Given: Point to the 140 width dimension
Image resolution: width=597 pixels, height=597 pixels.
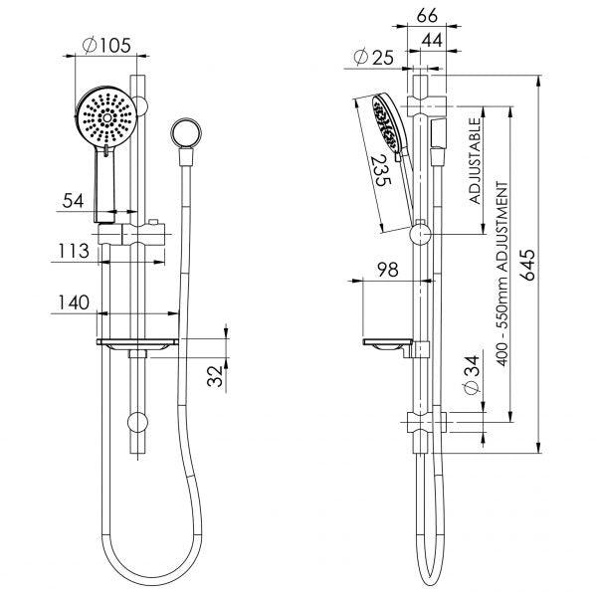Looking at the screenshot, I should coord(73,301).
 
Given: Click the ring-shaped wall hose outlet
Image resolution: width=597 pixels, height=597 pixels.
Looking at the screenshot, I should coord(183,132).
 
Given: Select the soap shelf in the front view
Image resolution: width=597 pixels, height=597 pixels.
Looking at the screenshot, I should coord(138,344).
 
